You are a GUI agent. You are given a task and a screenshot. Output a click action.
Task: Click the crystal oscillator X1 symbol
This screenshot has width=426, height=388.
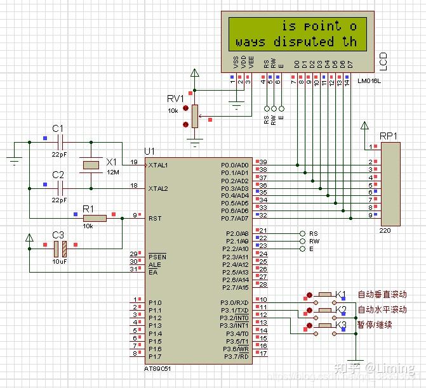pyautogui.click(x=91, y=165)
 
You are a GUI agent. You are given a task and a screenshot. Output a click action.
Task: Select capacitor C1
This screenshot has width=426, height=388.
pyautogui.click(x=60, y=141)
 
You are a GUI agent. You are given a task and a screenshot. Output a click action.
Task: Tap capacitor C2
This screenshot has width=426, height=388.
pyautogui.click(x=60, y=188)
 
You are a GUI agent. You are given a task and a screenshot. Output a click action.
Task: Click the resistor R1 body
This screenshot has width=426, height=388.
pyautogui.click(x=96, y=217)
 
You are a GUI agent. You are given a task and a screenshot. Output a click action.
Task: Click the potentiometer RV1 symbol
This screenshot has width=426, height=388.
pyautogui.click(x=195, y=115)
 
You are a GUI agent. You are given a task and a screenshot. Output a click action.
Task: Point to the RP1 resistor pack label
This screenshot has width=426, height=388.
pyautogui.click(x=388, y=136)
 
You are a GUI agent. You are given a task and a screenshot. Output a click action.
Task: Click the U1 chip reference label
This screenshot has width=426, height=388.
pyautogui.click(x=149, y=151)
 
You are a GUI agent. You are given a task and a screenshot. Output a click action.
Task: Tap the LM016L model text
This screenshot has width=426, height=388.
pyautogui.click(x=369, y=81)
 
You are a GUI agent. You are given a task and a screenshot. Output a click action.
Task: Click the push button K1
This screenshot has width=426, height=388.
pyautogui.click(x=325, y=294)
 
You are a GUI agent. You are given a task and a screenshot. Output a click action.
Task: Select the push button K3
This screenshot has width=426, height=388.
pyautogui.click(x=325, y=325)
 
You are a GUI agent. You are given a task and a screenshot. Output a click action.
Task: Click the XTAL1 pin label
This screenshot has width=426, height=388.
pyautogui.click(x=158, y=165)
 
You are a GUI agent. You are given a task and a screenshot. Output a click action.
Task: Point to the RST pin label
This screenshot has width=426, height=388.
pyautogui.click(x=155, y=217)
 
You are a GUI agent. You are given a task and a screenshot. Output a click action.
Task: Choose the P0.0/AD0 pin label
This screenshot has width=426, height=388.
pyautogui.click(x=235, y=164)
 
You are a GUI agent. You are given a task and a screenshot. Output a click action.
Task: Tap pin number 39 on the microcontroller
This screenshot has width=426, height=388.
pyautogui.click(x=262, y=162)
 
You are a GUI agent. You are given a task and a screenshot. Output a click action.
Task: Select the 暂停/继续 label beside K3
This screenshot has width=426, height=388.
pyautogui.click(x=375, y=325)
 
